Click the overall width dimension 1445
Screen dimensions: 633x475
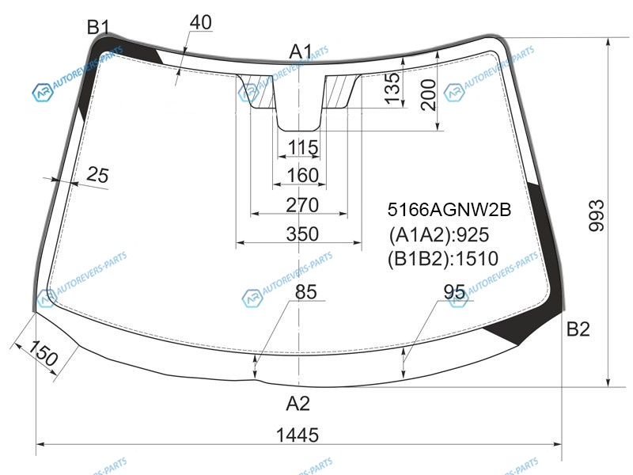[x=298, y=435]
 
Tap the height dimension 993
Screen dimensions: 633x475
[x=597, y=215]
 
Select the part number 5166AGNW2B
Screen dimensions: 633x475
[x=449, y=210]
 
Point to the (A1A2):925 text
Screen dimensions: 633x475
[x=438, y=234]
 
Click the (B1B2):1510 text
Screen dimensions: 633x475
[x=443, y=259]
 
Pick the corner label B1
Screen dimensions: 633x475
[x=98, y=27]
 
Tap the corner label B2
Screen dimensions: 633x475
[x=578, y=329]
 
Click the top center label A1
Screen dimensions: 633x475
[x=301, y=52]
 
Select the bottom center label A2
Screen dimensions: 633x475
[x=298, y=403]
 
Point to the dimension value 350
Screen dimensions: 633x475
[x=302, y=234]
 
